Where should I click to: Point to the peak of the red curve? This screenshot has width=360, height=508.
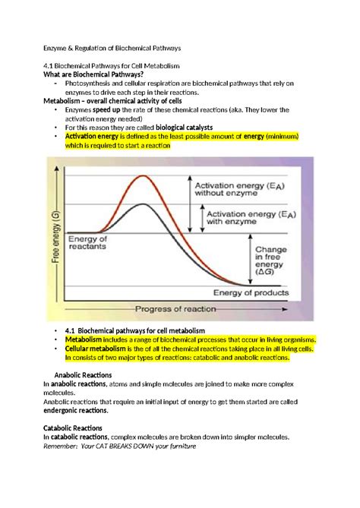pos(141,176)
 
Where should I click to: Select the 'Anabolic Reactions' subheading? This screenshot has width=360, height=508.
pos(83,375)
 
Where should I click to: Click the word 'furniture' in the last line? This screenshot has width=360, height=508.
pos(178,446)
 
